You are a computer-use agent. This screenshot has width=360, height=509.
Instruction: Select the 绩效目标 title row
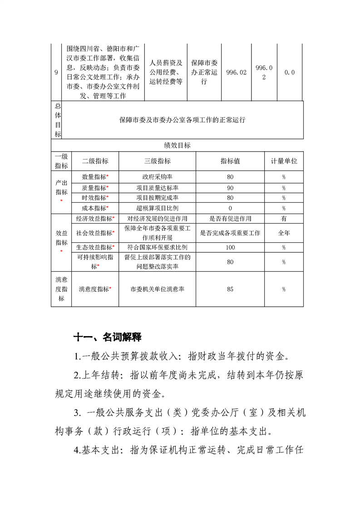coord(177,145)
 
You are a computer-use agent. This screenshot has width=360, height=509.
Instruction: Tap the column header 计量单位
coord(284,161)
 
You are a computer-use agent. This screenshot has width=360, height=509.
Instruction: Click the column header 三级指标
coord(157,161)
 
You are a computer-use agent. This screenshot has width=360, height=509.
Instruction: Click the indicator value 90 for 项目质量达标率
coord(230,187)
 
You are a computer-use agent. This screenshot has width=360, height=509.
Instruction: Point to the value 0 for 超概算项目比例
coord(230,208)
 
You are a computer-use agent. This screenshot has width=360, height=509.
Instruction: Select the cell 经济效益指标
coord(95,219)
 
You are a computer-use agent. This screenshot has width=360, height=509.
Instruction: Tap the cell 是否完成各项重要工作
coord(230,233)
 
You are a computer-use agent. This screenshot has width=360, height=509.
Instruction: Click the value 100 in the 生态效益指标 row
coord(230,248)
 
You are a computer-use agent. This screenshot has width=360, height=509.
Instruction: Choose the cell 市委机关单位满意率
coord(157,289)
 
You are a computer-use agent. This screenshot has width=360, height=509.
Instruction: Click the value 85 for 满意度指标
coord(230,289)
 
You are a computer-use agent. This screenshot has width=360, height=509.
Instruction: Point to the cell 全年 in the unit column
coord(284,233)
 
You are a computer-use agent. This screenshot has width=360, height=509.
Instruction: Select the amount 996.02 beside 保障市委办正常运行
coord(236,72)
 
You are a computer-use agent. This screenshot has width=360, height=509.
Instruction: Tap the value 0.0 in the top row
coord(290,72)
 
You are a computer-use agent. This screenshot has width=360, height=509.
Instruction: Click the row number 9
coord(56,72)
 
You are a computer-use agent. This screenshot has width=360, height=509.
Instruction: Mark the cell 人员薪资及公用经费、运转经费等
coord(166,72)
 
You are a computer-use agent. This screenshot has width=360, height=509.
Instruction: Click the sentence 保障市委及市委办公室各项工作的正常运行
coord(182,120)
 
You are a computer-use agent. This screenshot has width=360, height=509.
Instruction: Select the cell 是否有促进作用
coord(230,219)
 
